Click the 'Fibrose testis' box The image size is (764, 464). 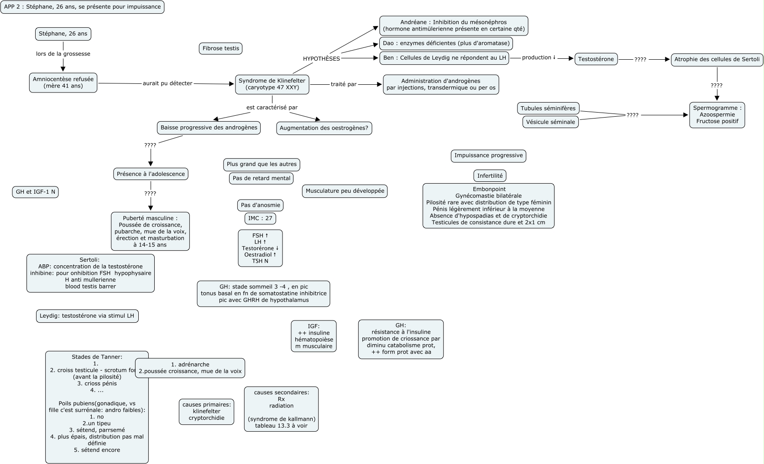pyautogui.click(x=221, y=48)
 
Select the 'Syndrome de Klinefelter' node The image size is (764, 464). pyautogui.click(x=272, y=84)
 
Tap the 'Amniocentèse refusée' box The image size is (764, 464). pyautogui.click(x=63, y=82)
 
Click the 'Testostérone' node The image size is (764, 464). pyautogui.click(x=596, y=59)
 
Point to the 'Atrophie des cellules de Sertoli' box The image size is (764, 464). pyautogui.click(x=717, y=59)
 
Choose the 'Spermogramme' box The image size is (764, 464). pyautogui.click(x=717, y=115)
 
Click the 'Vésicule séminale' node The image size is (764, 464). pyautogui.click(x=550, y=122)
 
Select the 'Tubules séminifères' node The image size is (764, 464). pyautogui.click(x=548, y=108)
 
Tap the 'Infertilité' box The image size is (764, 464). pyautogui.click(x=490, y=175)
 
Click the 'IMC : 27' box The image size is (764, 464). pyautogui.click(x=260, y=218)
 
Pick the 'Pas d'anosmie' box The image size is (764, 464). pyautogui.click(x=260, y=205)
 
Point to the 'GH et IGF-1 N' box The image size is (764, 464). pyautogui.click(x=35, y=192)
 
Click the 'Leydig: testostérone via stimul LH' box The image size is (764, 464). pyautogui.click(x=87, y=316)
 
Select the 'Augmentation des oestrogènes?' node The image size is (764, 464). pyautogui.click(x=324, y=128)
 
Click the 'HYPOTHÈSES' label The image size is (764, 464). pyautogui.click(x=321, y=59)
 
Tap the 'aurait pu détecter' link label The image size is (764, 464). pyautogui.click(x=167, y=83)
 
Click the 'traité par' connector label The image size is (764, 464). pyautogui.click(x=343, y=84)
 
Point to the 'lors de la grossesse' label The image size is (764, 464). pyautogui.click(x=63, y=54)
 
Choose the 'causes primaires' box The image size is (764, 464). pyautogui.click(x=206, y=412)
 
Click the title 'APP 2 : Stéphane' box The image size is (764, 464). pyautogui.click(x=82, y=7)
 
